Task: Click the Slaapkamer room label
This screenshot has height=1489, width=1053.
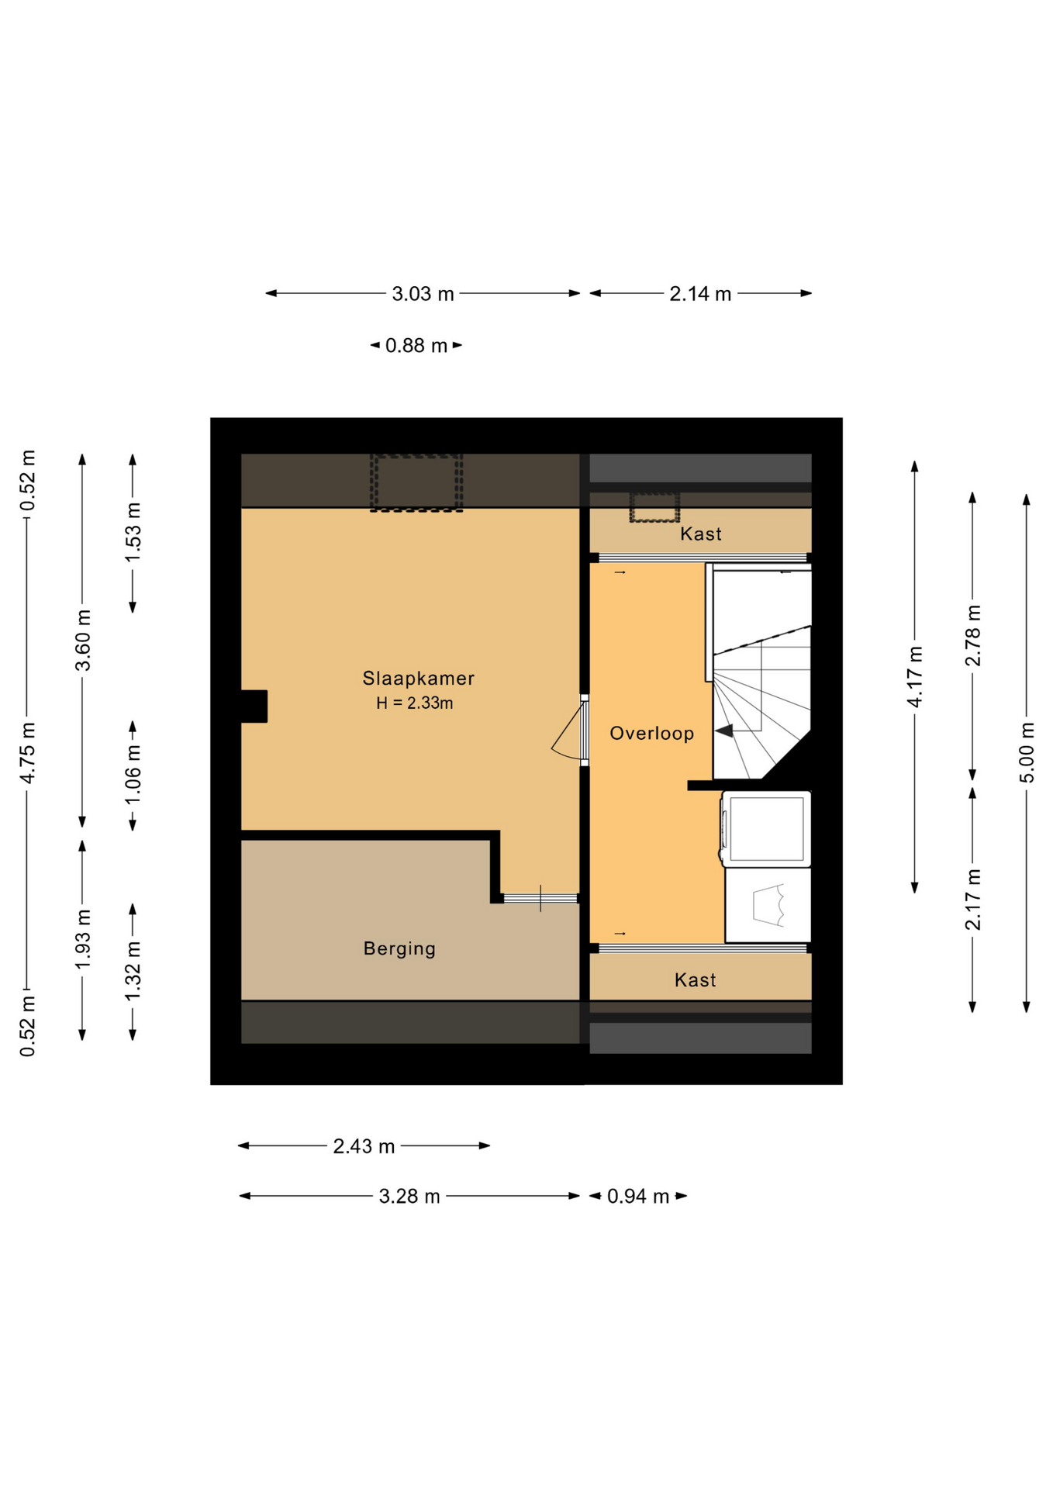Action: (x=418, y=679)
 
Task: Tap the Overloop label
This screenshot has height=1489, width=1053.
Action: (x=651, y=734)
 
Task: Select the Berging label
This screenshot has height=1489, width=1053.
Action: (x=399, y=948)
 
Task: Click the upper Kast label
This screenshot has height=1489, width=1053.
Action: (x=701, y=534)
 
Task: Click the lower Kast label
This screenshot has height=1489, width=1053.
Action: (x=695, y=980)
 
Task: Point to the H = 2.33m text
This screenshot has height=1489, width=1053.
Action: (x=415, y=703)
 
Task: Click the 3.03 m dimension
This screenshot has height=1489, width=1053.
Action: (x=423, y=294)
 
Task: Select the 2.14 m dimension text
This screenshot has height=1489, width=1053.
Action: (x=700, y=294)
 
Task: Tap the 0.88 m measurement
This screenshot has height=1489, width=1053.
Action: (x=416, y=345)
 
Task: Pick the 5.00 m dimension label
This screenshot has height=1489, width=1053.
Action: (x=1027, y=752)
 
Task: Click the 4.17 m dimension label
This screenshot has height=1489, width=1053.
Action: (x=915, y=676)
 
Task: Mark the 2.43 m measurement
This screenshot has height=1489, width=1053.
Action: (x=364, y=1146)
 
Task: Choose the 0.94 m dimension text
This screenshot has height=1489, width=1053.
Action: (x=638, y=1197)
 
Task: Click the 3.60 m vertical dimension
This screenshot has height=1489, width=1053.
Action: (x=83, y=640)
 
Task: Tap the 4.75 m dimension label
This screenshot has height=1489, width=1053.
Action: (x=27, y=752)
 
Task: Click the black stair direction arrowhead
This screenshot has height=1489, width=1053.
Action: (x=724, y=731)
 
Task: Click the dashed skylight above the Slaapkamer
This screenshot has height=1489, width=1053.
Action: (x=416, y=482)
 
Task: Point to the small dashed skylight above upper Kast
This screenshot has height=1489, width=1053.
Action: (x=654, y=507)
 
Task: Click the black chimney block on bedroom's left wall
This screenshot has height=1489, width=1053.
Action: (x=254, y=706)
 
